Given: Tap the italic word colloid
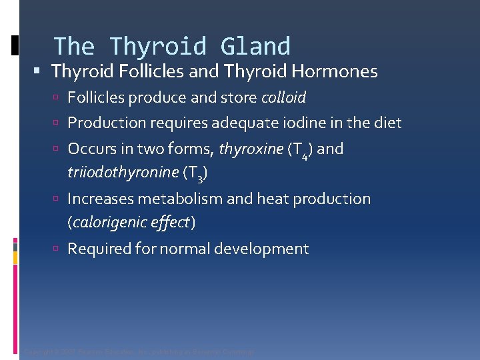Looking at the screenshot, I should (x=283, y=98).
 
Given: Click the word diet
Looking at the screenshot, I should (x=387, y=123).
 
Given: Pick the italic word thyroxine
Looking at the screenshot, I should (x=251, y=149).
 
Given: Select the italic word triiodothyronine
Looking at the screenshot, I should (x=122, y=173).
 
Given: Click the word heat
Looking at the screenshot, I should (x=279, y=199).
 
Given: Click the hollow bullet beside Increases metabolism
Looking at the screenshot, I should (x=59, y=199).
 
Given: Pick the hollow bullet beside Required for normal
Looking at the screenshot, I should (x=59, y=249).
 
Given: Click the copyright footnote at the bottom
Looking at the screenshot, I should (x=139, y=351).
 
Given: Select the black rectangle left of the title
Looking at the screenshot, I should (x=15, y=45).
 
